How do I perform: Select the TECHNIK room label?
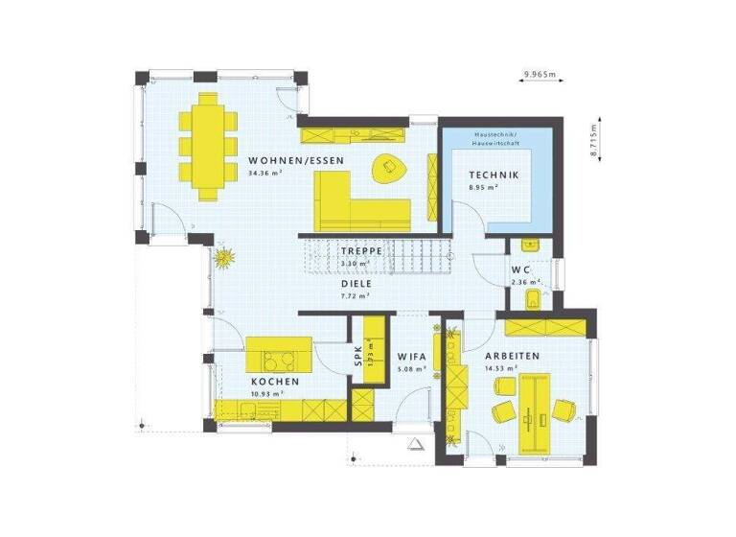pyautogui.click(x=494, y=175)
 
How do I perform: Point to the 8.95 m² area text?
pyautogui.click(x=481, y=188)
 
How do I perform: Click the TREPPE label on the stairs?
pyautogui.click(x=362, y=250)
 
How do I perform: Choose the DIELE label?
pyautogui.click(x=355, y=284)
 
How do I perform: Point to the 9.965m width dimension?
pyautogui.click(x=540, y=74)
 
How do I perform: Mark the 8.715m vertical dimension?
pyautogui.click(x=593, y=140)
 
